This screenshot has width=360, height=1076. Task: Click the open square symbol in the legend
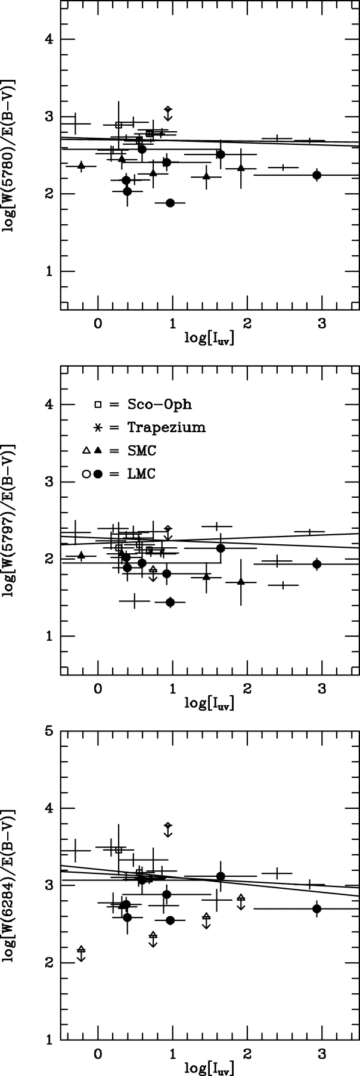(98, 405)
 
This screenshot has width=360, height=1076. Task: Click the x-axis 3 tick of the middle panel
(322, 690)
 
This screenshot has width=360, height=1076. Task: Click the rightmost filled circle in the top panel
(317, 175)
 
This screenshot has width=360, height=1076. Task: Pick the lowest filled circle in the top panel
(170, 203)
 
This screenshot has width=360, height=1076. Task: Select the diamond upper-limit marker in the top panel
(169, 109)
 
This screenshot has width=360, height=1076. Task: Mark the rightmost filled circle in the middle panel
(317, 564)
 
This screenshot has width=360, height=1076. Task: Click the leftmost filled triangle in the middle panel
(81, 556)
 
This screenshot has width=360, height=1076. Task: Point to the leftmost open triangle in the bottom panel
(82, 949)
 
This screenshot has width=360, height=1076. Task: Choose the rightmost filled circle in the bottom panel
(317, 908)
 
